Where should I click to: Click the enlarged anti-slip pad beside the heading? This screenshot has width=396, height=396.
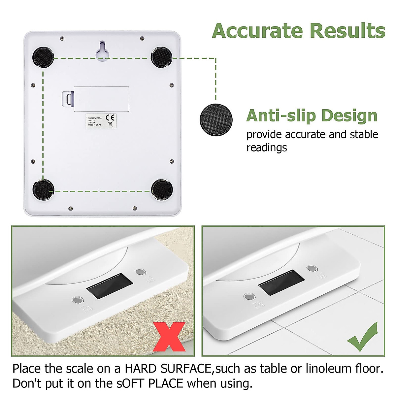[x=216, y=119]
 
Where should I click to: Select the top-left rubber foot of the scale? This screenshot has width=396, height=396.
[x=43, y=57]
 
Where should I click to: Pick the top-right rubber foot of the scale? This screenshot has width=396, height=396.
[x=161, y=57]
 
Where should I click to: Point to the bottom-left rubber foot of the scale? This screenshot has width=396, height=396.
[x=43, y=190]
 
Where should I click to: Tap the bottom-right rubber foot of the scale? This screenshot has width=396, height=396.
[x=162, y=189]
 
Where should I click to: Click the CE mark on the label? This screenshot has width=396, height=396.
[x=110, y=117]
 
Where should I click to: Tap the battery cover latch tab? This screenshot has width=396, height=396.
[x=68, y=99]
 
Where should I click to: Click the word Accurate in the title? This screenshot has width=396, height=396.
[x=257, y=31]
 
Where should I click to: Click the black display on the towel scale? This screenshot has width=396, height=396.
[x=110, y=286]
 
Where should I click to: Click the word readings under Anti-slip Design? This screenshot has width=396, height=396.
[x=267, y=148]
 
